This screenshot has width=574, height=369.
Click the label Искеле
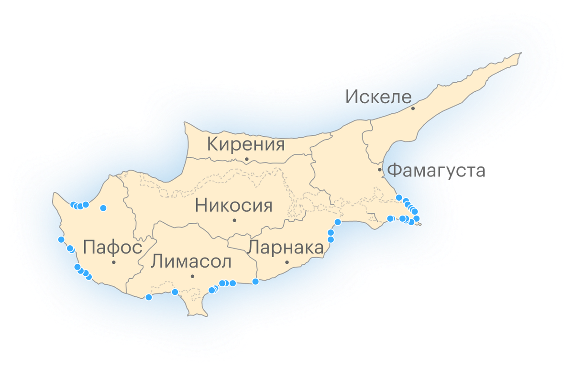click(x=378, y=97)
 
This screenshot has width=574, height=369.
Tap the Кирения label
click(x=246, y=144)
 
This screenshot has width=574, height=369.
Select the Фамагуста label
click(x=436, y=170)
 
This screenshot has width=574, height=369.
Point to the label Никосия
click(x=234, y=206)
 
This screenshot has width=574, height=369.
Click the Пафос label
click(x=112, y=248)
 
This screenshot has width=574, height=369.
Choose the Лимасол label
click(x=191, y=262)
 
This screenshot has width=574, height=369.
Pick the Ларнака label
click(x=286, y=248)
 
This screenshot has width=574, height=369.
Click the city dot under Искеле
click(x=413, y=109)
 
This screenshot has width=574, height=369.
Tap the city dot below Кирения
click(x=247, y=159)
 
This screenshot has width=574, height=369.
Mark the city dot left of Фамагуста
click(x=380, y=170)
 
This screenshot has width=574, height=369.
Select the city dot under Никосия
click(x=234, y=220)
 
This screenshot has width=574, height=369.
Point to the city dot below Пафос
click(x=114, y=262)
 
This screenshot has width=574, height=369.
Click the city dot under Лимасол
click(x=192, y=276)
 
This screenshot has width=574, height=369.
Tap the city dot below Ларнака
click(x=287, y=262)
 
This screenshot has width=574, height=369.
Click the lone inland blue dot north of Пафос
click(x=103, y=208)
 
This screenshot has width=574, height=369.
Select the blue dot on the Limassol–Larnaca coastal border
click(x=255, y=281)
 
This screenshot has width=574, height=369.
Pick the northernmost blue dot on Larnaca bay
click(x=338, y=222)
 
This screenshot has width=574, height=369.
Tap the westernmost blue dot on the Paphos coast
click(x=61, y=239)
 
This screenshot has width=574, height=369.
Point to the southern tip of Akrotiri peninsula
click(x=196, y=315)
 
